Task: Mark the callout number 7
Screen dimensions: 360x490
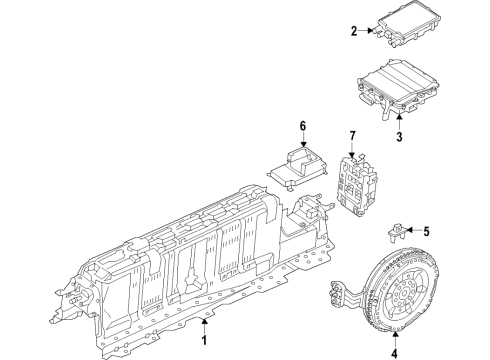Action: coord(351,135)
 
